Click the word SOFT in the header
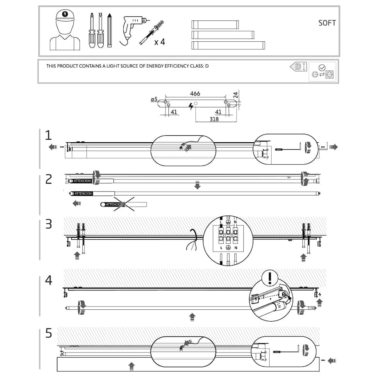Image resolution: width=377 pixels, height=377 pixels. click(327, 23)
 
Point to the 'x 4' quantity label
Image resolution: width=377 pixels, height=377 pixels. click(159, 42)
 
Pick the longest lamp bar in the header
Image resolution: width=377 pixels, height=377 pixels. click(228, 45)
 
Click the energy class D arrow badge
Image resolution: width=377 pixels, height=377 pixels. click(298, 66)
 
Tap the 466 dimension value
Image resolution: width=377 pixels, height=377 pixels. click(195, 94)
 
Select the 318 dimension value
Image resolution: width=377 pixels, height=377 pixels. click(214, 120)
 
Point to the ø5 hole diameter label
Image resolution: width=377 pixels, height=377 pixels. click(154, 99)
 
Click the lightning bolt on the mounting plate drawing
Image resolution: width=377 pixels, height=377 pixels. click(191, 107)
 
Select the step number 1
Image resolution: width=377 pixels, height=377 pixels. click(49, 135)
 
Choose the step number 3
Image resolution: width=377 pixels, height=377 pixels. click(49, 224)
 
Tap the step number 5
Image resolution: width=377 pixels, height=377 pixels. click(49, 334)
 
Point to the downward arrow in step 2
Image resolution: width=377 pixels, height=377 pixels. click(198, 186)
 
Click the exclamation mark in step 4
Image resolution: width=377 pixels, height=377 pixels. click(270, 278)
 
